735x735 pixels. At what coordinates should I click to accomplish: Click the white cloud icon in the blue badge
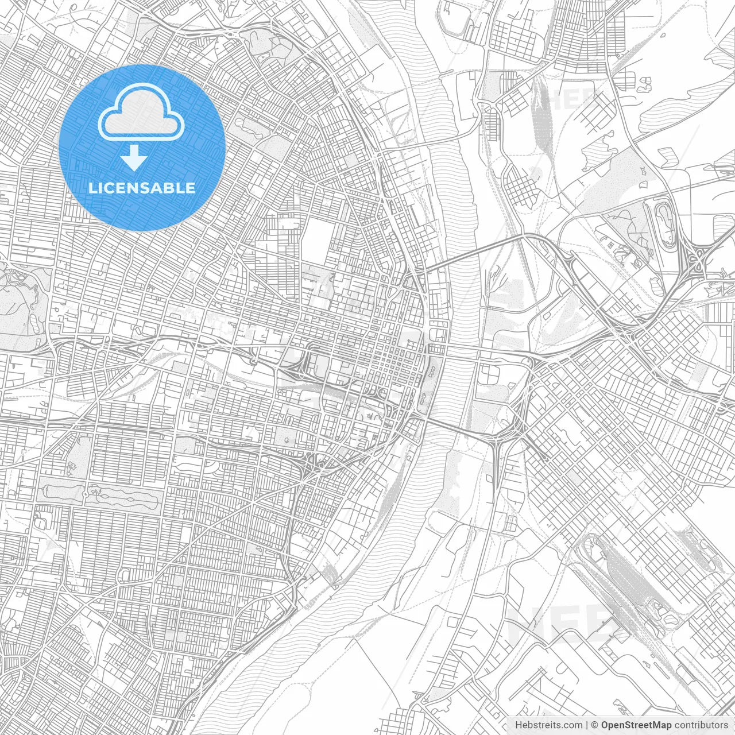(x=141, y=113)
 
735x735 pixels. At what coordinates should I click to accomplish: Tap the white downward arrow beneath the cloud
(x=134, y=158)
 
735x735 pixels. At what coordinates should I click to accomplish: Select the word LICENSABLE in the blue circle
(x=142, y=188)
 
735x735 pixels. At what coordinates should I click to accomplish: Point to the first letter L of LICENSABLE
(x=92, y=188)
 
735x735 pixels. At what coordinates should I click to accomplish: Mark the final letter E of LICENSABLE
(x=191, y=188)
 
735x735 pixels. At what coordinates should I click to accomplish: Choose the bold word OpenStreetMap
(x=636, y=725)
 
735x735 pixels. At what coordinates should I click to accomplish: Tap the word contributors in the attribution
(x=701, y=725)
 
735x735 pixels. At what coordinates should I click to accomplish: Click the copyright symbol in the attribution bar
(x=595, y=725)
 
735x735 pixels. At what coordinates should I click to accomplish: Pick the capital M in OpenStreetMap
(x=657, y=725)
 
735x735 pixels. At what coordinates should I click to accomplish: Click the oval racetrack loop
(x=666, y=223)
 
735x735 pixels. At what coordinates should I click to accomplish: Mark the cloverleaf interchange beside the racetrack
(x=698, y=258)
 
